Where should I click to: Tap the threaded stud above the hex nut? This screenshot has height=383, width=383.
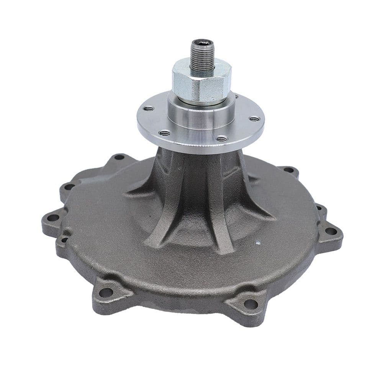(202, 57)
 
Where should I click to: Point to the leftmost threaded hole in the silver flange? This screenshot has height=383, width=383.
(148, 109)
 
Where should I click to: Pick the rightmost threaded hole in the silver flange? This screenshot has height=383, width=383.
(254, 119)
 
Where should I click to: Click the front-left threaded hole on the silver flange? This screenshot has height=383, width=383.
(165, 133)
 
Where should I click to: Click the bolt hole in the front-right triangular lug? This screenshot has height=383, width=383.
(250, 304)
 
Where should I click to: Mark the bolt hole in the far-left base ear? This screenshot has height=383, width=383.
(53, 218)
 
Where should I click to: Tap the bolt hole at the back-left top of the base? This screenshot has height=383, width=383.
(119, 157)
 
